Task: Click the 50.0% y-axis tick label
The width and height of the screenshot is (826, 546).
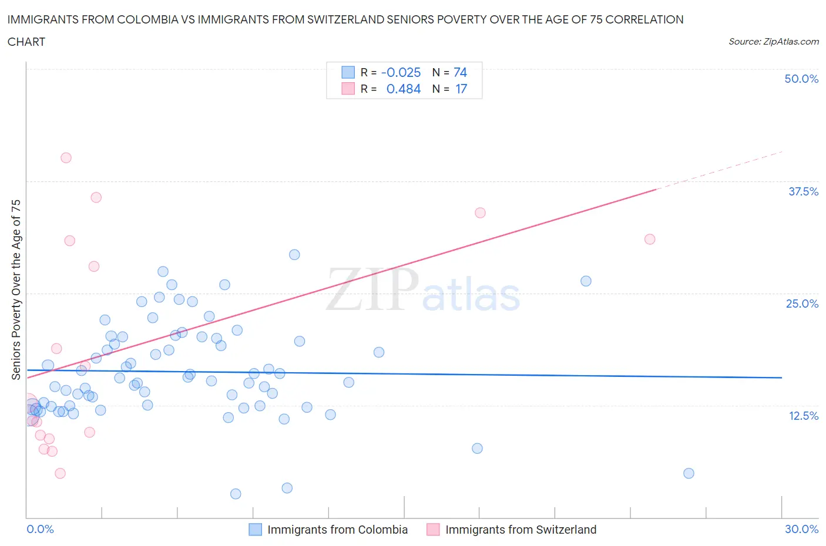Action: (x=801, y=79)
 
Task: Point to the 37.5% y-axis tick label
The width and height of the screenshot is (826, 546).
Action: (x=803, y=191)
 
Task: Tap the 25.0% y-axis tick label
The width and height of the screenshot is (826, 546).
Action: (x=802, y=304)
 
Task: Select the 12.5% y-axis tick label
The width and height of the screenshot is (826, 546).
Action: (x=803, y=416)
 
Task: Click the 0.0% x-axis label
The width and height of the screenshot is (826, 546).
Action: (x=40, y=529)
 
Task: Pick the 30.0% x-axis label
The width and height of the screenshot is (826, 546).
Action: (x=801, y=529)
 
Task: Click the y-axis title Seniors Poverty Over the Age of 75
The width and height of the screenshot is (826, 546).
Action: (x=16, y=289)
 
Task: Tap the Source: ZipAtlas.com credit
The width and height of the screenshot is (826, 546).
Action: (x=773, y=42)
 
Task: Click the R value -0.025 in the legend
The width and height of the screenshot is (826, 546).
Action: (x=401, y=72)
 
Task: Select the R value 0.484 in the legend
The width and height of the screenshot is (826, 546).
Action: (x=403, y=89)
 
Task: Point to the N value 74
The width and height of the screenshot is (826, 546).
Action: (x=460, y=72)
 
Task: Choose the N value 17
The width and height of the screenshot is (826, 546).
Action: (x=461, y=89)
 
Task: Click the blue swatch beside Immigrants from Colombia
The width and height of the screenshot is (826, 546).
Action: (x=255, y=530)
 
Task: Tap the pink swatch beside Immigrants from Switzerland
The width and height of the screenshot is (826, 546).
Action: (x=433, y=530)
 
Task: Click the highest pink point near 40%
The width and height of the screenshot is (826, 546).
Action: (x=66, y=158)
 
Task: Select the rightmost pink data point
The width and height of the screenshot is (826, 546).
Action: (x=650, y=239)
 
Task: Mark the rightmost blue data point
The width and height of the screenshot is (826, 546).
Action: (x=689, y=473)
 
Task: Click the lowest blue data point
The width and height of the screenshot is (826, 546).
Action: (x=236, y=494)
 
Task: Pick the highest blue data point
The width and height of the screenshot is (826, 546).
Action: (x=294, y=255)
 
